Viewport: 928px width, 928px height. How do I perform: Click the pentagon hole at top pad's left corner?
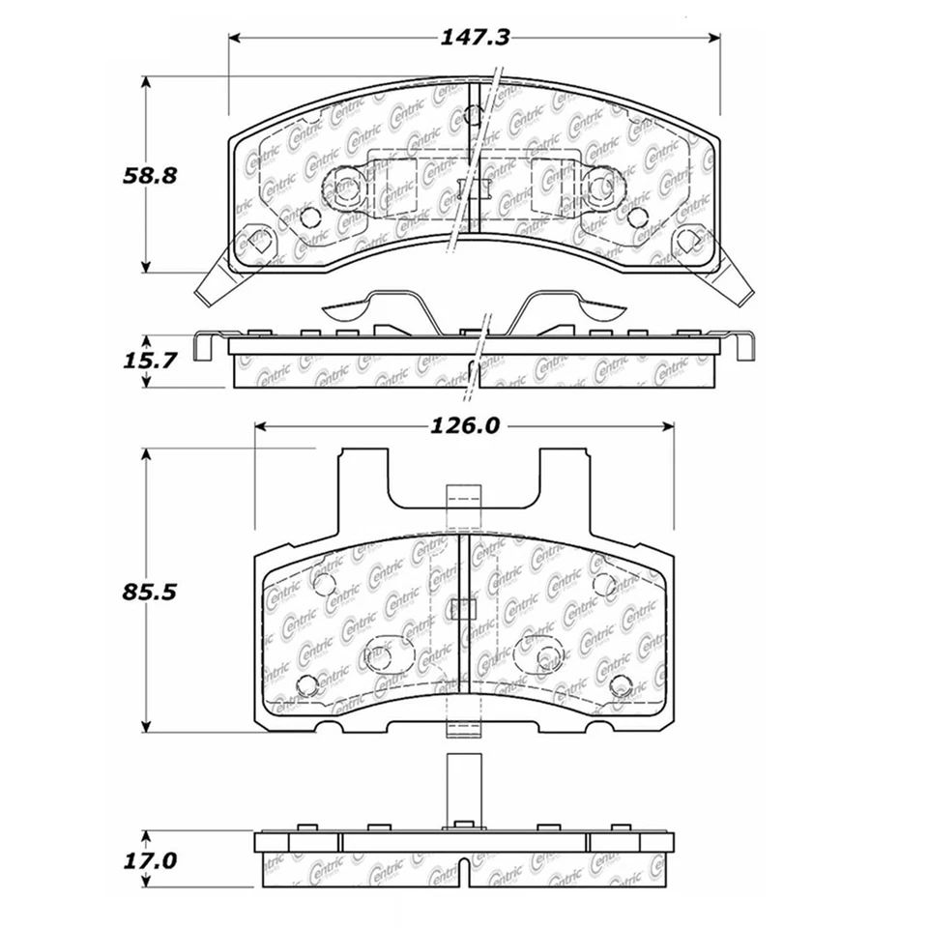click(253, 239)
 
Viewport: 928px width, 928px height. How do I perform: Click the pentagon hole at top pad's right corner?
click(689, 239)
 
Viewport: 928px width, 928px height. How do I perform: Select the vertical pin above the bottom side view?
click(463, 787)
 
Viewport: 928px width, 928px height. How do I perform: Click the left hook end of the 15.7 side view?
click(202, 346)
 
